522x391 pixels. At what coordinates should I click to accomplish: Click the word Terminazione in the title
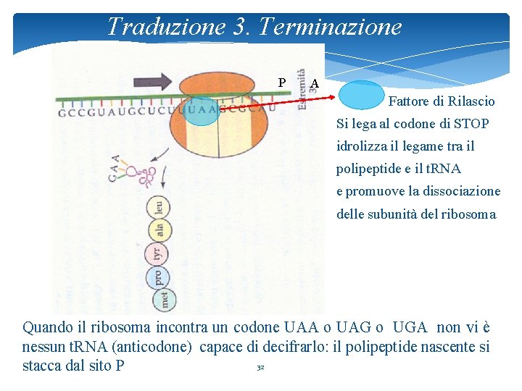pyautogui.click(x=330, y=27)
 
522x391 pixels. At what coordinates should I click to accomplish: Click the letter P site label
pyautogui.click(x=282, y=83)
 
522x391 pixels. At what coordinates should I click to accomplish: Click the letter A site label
pyautogui.click(x=314, y=83)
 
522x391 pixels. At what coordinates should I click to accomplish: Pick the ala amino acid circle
pyautogui.click(x=159, y=230)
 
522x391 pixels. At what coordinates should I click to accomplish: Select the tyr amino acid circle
pyautogui.click(x=157, y=253)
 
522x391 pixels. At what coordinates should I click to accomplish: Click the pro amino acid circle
pyautogui.click(x=158, y=277)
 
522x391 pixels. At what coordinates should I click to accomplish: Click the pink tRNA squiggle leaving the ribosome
pyautogui.click(x=148, y=173)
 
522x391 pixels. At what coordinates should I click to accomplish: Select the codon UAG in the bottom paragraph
pyautogui.click(x=355, y=327)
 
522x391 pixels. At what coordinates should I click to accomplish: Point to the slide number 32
pyautogui.click(x=260, y=368)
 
